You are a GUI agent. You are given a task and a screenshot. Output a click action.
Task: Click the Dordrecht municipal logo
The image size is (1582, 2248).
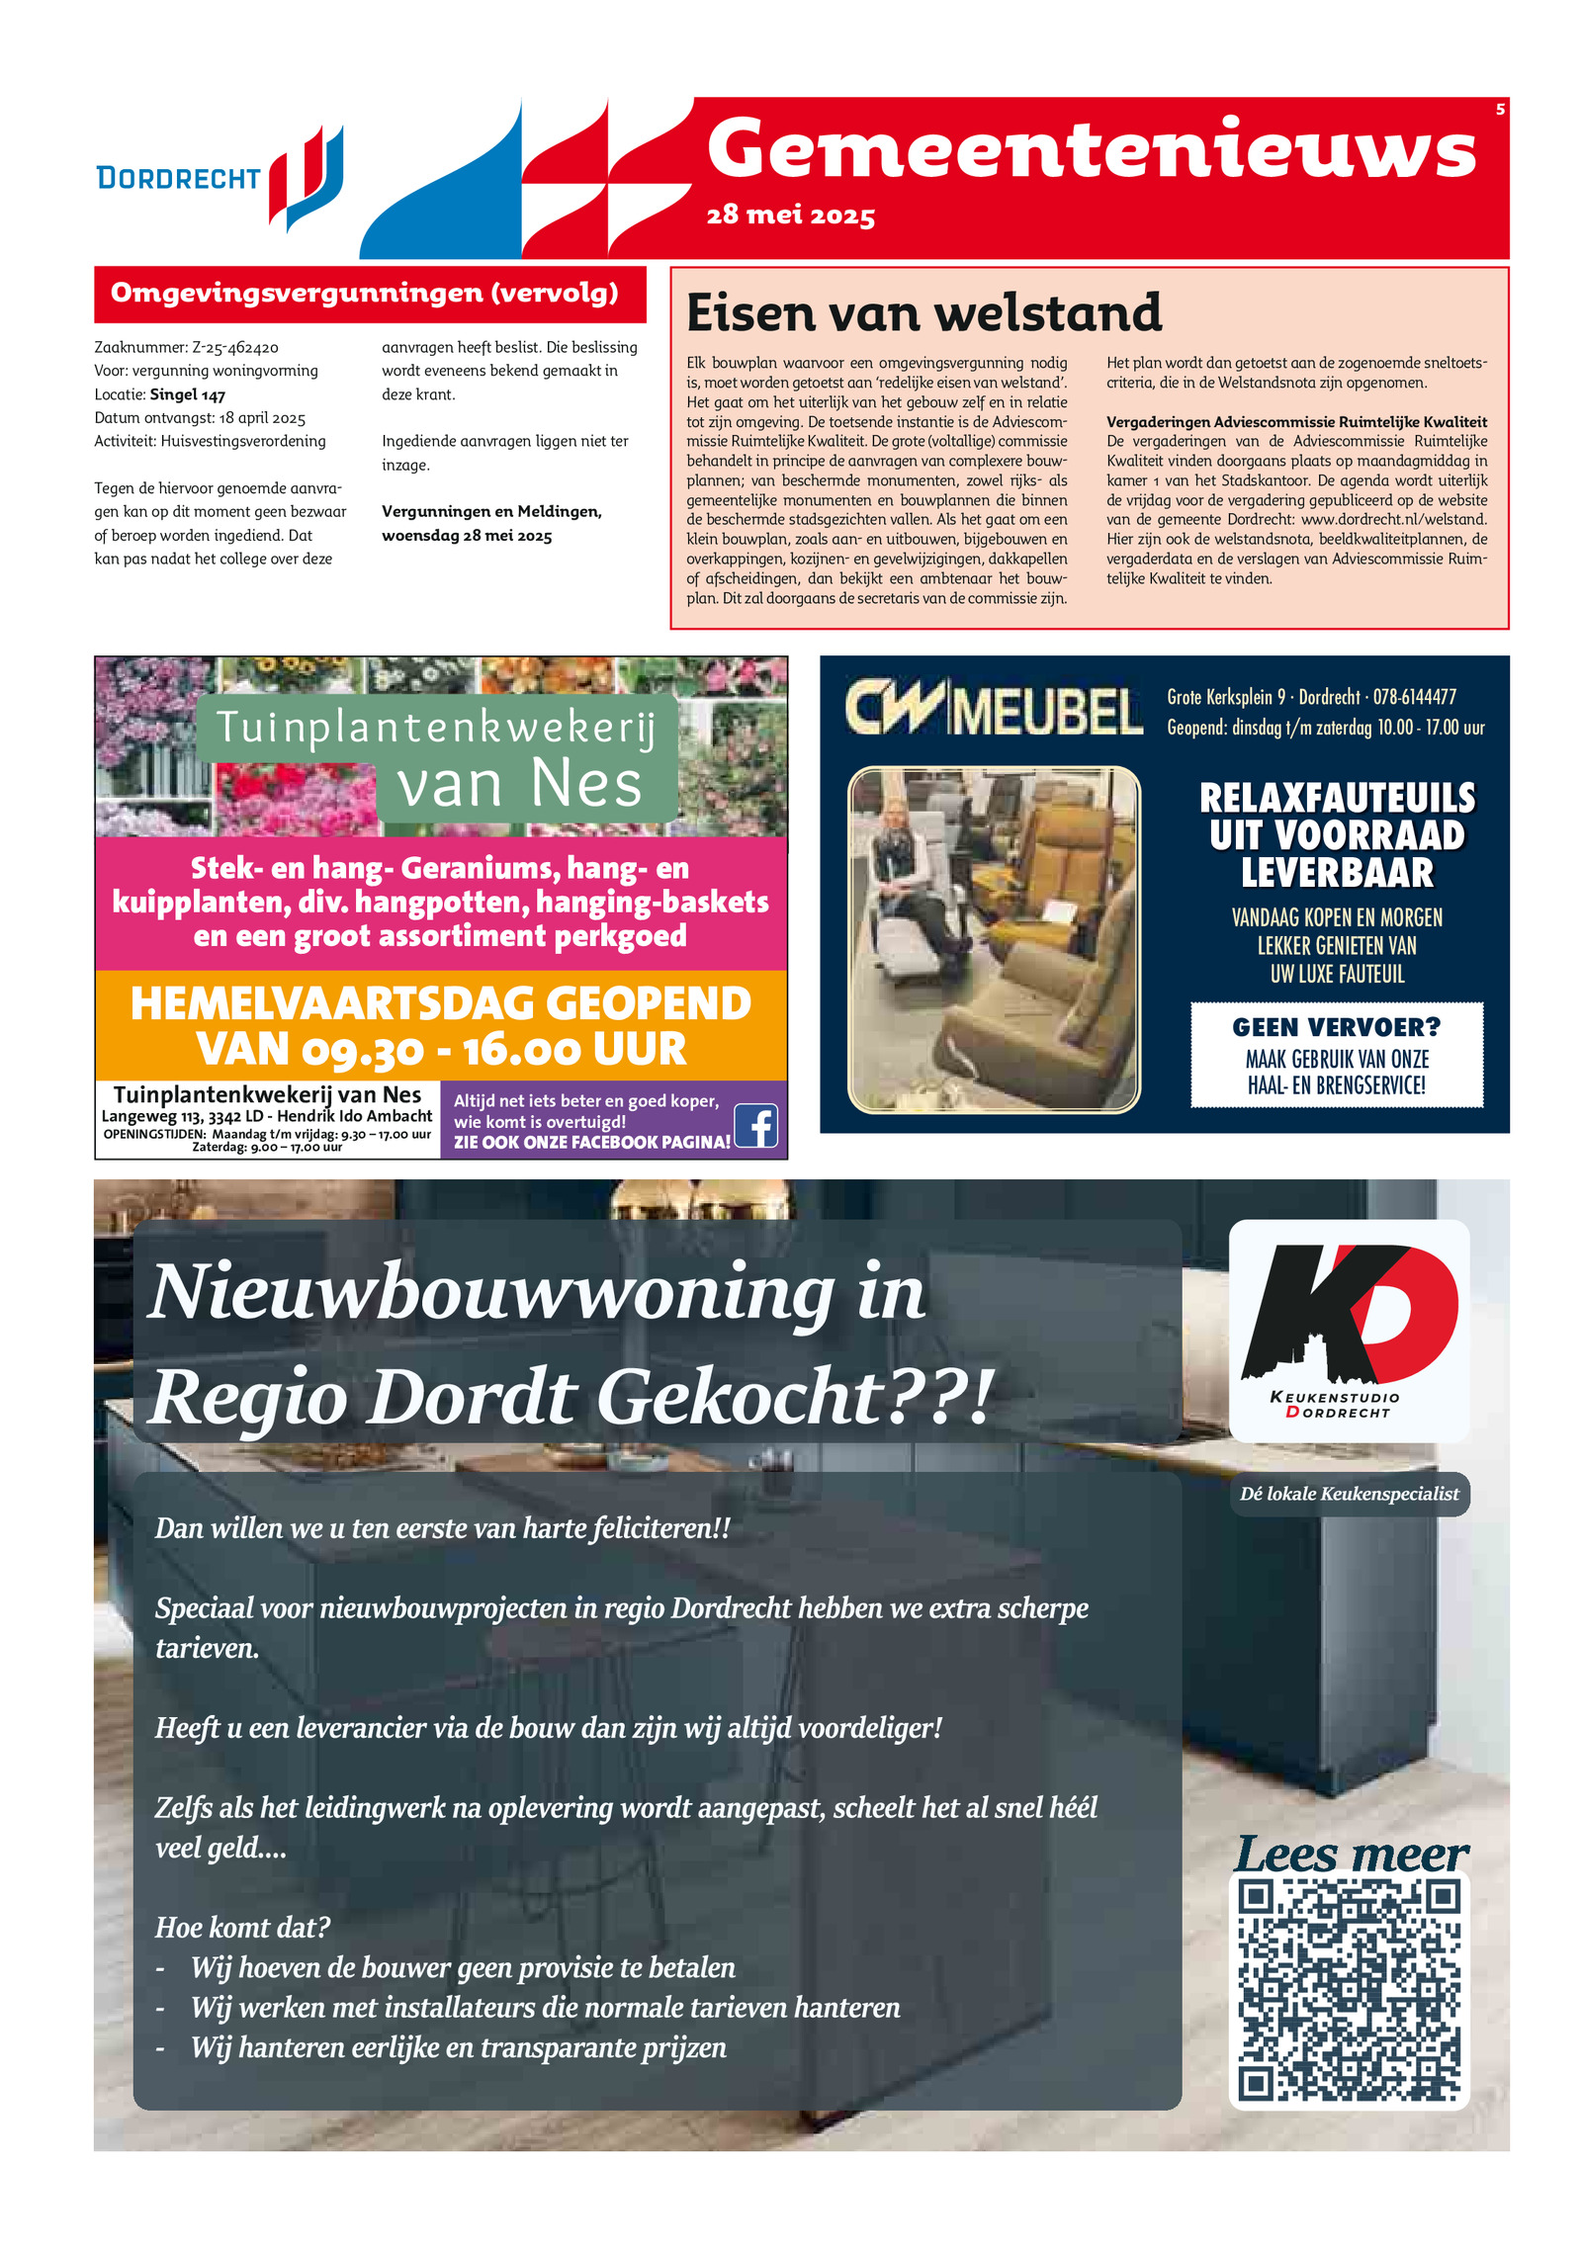(x=220, y=178)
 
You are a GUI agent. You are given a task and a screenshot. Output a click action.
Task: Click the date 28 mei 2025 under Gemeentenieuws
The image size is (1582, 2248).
(x=790, y=216)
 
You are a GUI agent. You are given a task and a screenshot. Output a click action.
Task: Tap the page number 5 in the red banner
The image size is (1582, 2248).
(x=1500, y=110)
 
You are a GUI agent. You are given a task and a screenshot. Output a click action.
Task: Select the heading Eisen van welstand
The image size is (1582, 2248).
(x=923, y=313)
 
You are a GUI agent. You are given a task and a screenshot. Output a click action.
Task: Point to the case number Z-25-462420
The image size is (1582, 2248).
(x=235, y=347)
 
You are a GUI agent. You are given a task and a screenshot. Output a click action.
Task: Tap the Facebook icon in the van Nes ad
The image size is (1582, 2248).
(x=756, y=1126)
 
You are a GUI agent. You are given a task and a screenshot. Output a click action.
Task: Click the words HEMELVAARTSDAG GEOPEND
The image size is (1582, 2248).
(x=441, y=1003)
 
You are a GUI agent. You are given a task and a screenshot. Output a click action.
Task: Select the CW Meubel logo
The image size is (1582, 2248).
(x=993, y=708)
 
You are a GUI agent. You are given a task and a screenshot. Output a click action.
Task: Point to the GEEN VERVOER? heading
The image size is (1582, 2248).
(x=1336, y=1027)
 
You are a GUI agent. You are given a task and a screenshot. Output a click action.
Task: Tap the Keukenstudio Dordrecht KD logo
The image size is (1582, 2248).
(x=1349, y=1328)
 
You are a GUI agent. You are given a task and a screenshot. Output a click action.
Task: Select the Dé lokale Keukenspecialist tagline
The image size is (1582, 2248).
(x=1349, y=1494)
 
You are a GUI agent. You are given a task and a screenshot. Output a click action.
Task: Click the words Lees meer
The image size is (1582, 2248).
(x=1351, y=1854)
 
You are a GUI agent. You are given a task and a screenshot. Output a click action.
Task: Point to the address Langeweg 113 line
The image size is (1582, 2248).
(x=267, y=1116)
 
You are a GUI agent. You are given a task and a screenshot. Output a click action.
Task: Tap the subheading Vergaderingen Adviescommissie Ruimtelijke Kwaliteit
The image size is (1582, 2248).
(x=1296, y=422)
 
